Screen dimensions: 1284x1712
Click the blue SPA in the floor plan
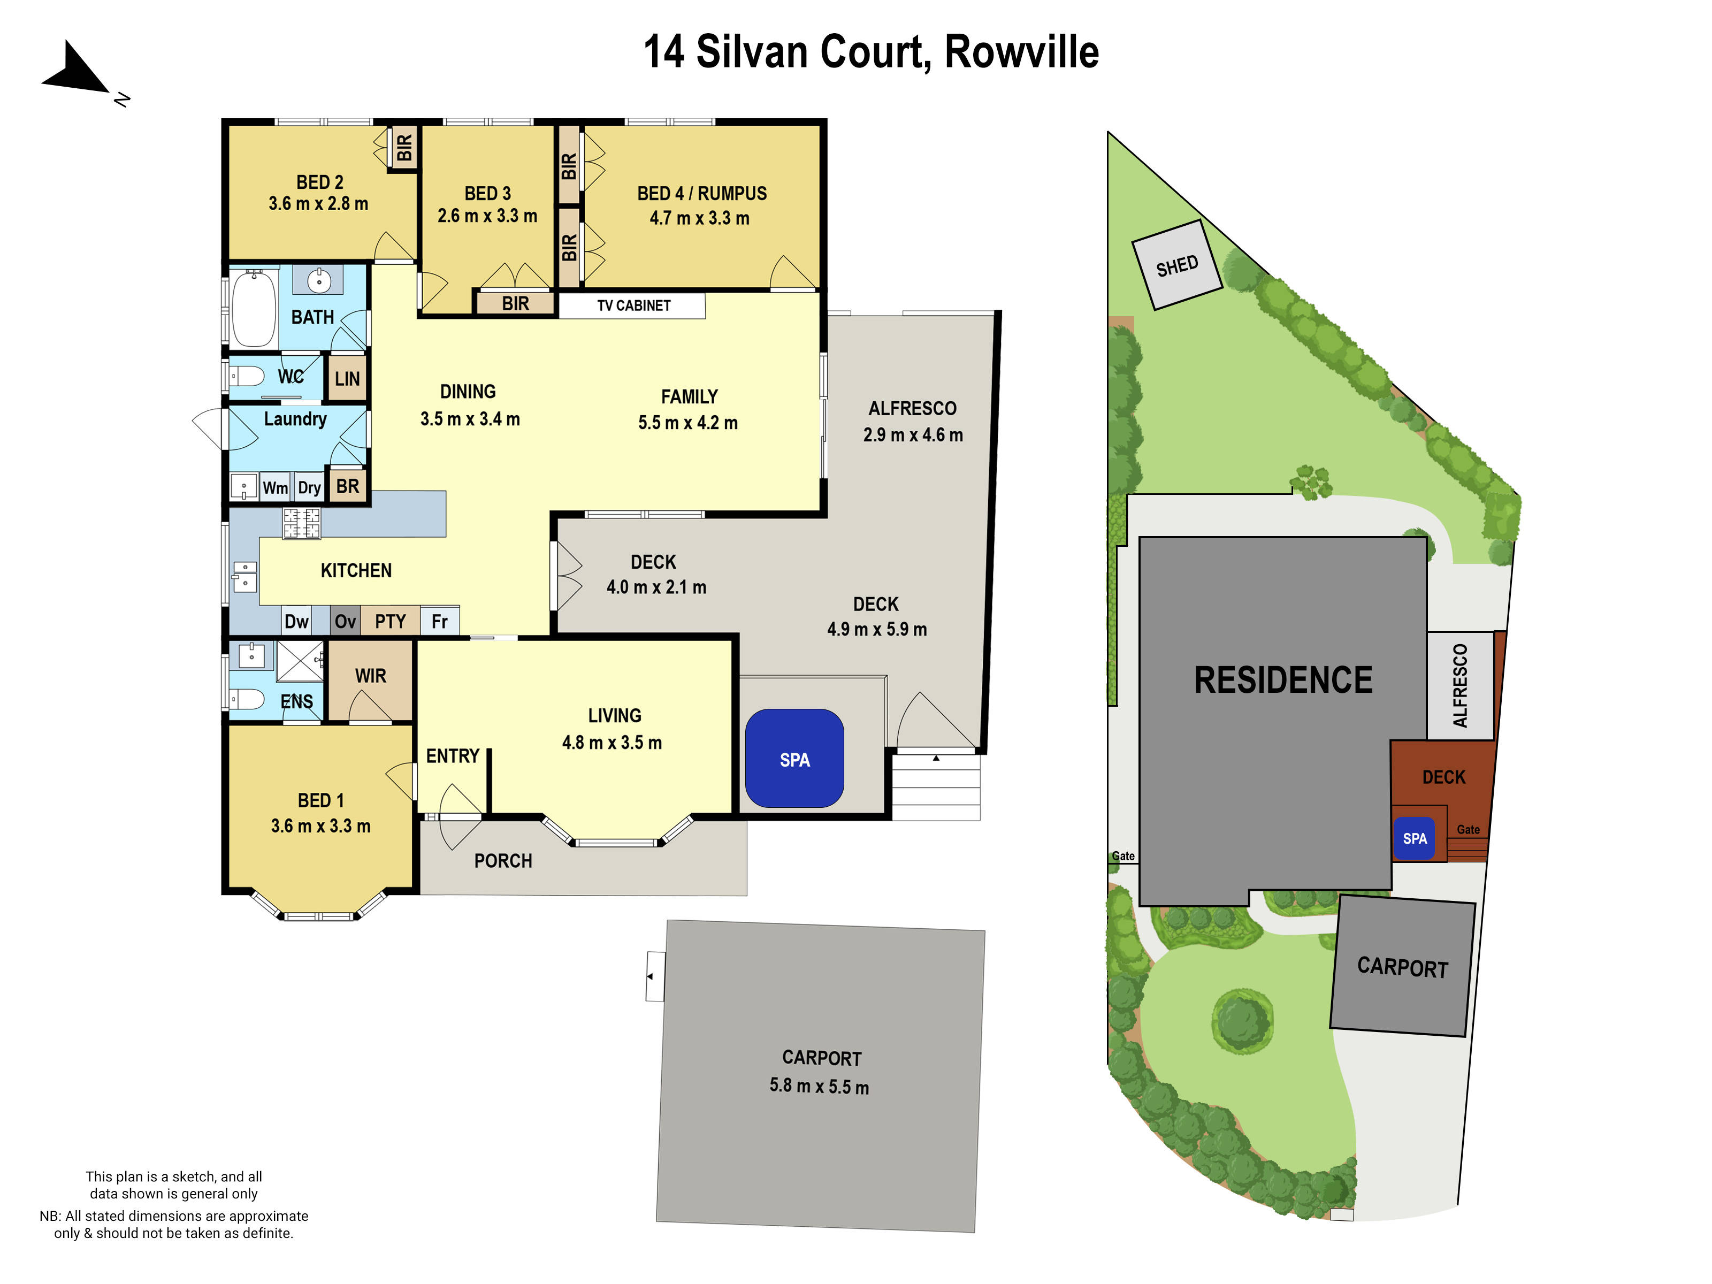(794, 759)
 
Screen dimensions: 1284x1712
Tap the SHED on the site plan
(1176, 265)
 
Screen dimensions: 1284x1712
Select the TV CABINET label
(633, 305)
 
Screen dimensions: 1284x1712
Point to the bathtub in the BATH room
(253, 308)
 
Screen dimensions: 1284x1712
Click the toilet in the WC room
(247, 376)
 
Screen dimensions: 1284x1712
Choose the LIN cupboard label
(347, 378)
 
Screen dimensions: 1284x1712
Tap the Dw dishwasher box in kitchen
(296, 621)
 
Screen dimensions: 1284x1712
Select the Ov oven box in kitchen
(345, 621)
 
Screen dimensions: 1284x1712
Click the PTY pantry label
(390, 621)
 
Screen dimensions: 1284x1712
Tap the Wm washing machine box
(275, 487)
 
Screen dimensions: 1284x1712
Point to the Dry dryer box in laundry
(309, 487)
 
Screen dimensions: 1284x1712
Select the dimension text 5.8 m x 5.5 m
(819, 1086)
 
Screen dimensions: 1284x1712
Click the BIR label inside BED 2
(404, 147)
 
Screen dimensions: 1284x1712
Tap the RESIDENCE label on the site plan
(1282, 679)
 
